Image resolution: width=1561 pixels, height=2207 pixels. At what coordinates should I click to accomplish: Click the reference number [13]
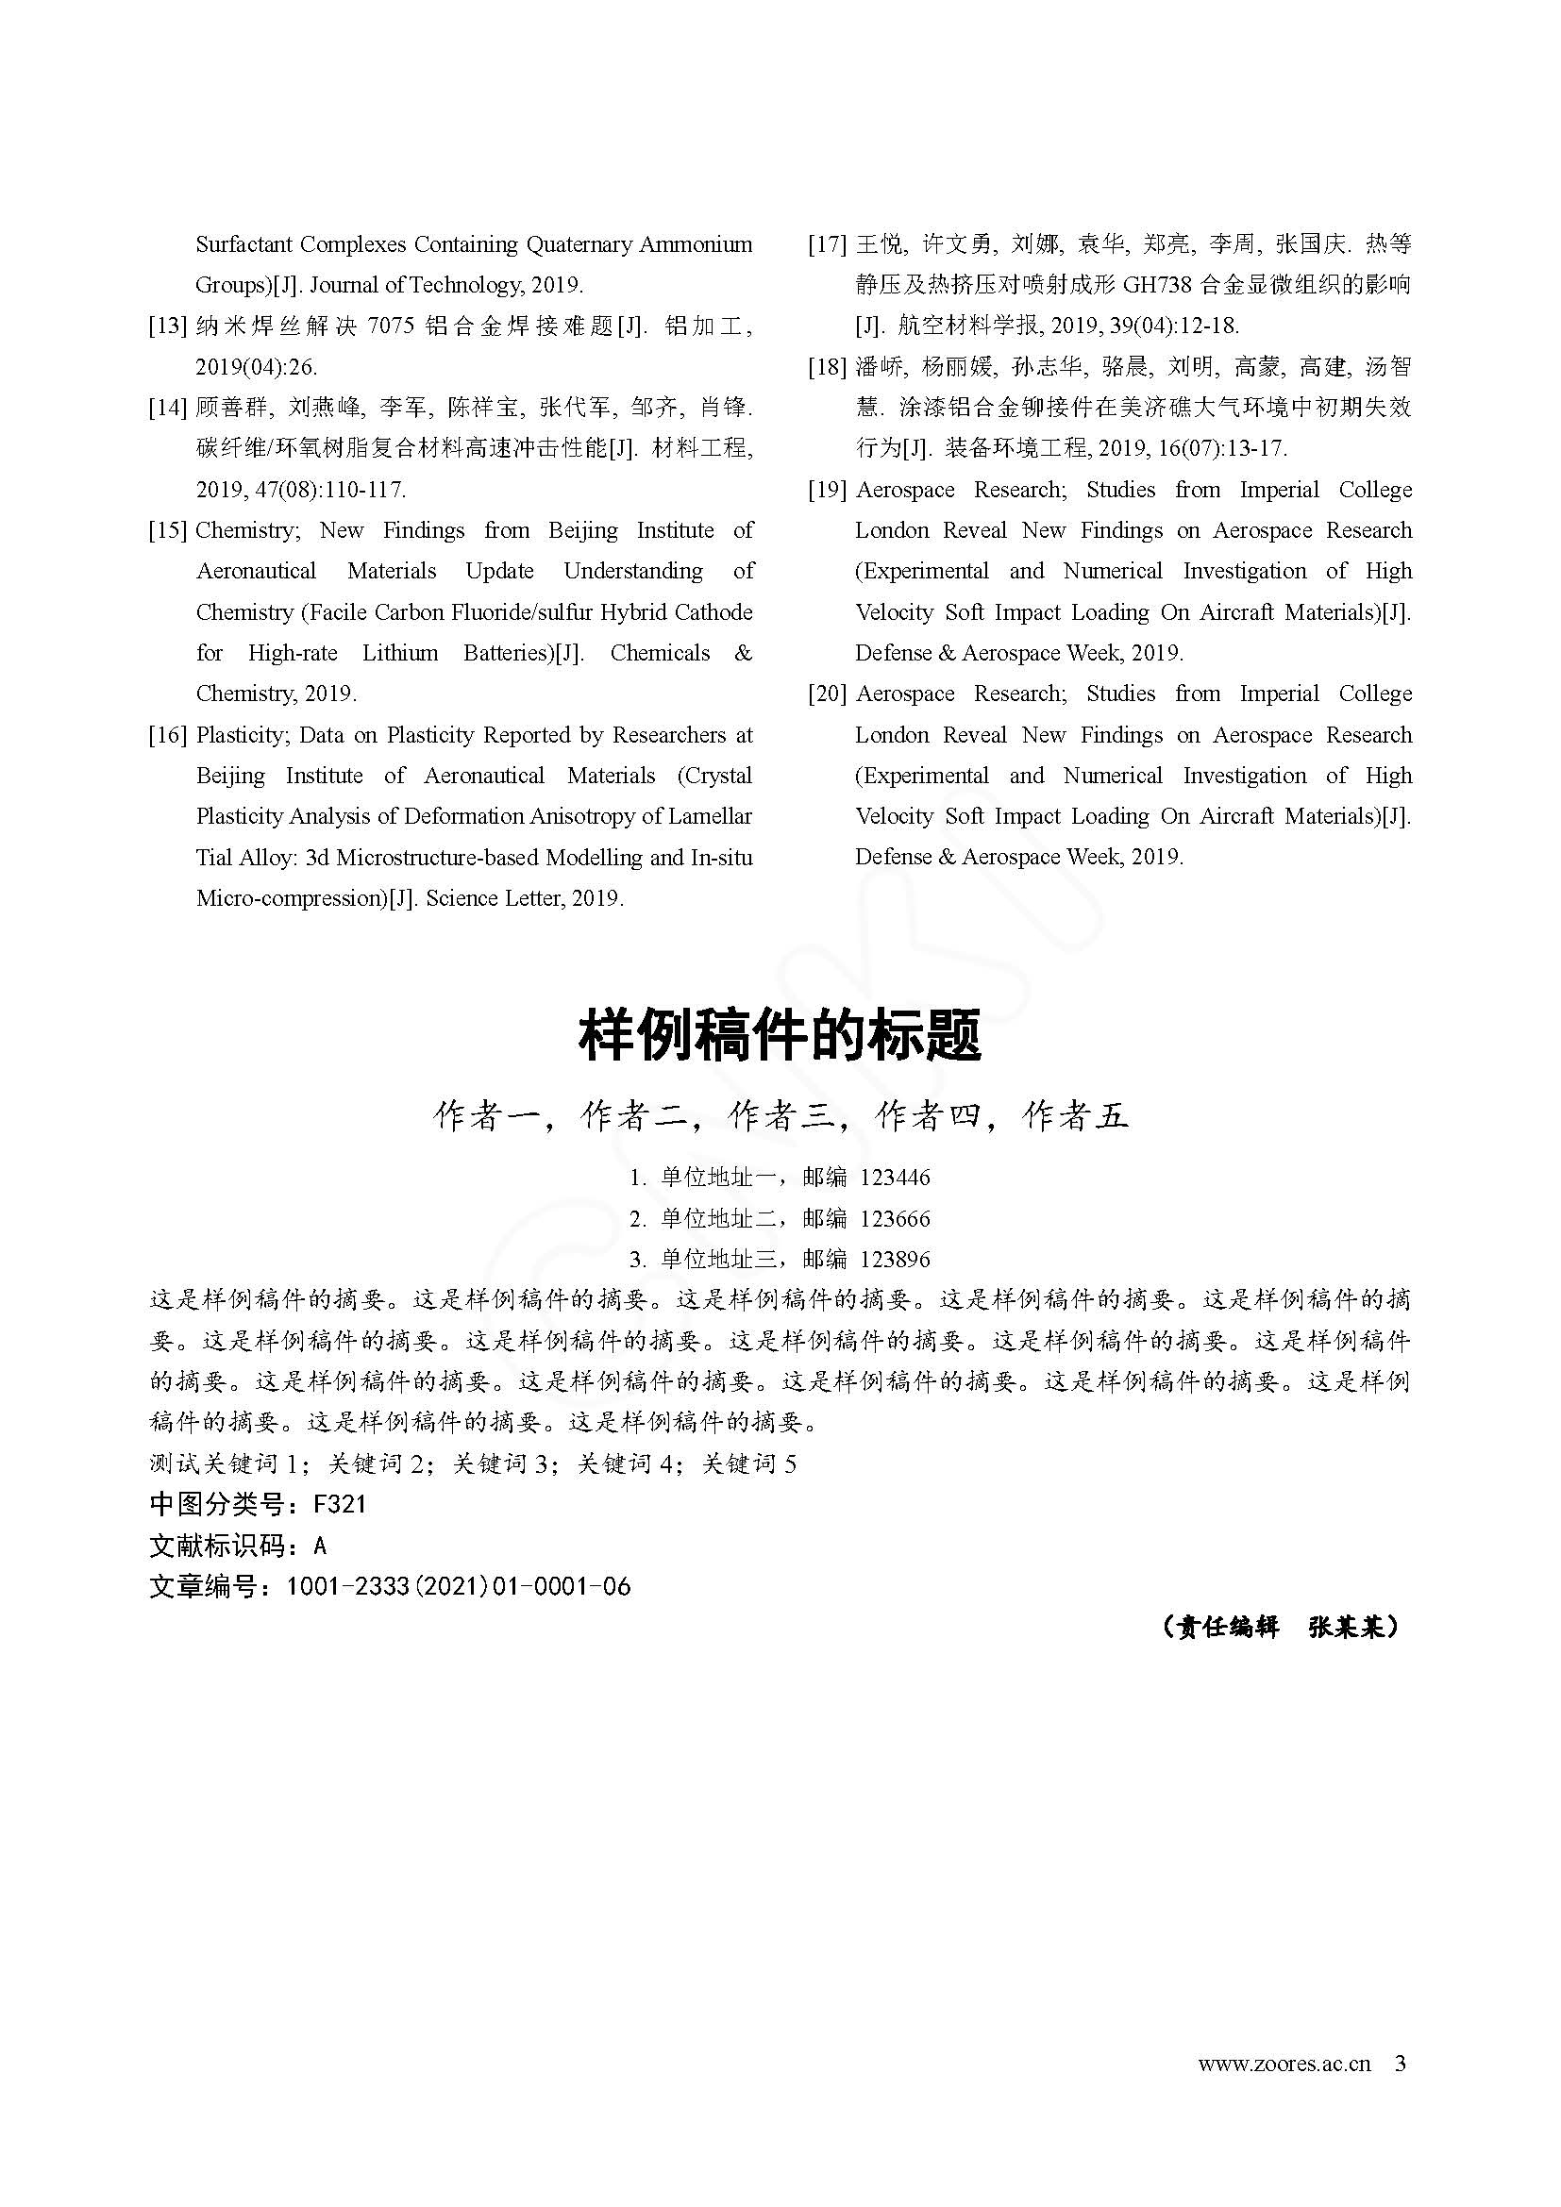[x=167, y=326]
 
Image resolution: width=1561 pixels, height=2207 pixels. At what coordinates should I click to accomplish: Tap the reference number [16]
[x=167, y=735]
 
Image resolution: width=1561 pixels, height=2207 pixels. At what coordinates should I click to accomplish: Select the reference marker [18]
[x=827, y=367]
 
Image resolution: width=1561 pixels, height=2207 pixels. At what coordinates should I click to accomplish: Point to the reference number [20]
[x=827, y=694]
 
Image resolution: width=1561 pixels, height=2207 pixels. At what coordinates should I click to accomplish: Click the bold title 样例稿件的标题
[x=780, y=1036]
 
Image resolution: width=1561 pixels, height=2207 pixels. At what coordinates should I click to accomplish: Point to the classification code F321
[x=341, y=1504]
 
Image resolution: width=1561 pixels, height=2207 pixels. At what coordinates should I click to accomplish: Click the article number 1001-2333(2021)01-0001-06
[x=459, y=1586]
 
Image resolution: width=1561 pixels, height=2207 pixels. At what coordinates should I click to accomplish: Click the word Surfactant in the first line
[x=243, y=244]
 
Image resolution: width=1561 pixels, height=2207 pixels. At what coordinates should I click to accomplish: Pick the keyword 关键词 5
[x=749, y=1464]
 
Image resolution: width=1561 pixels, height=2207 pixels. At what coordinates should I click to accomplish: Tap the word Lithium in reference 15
[x=400, y=654]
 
